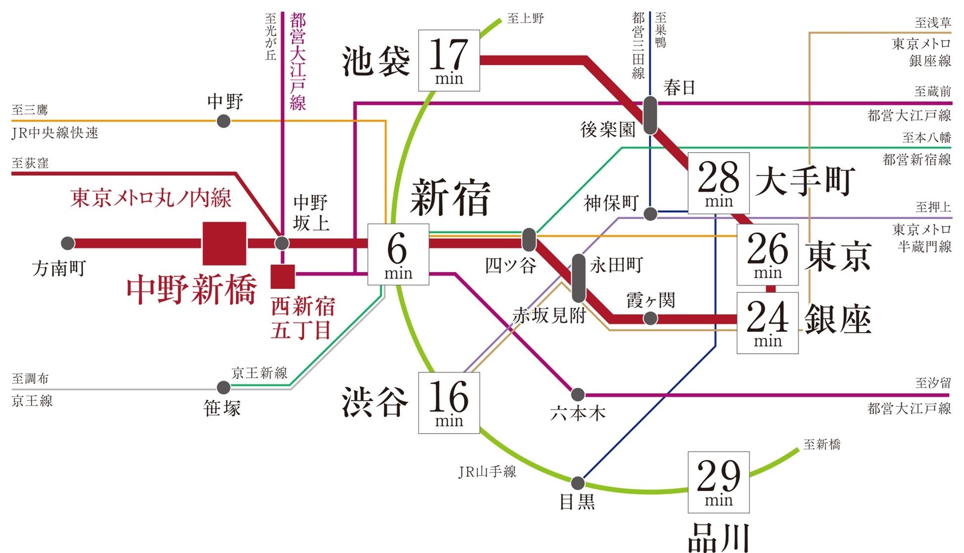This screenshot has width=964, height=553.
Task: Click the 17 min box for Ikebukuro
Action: [x=449, y=60]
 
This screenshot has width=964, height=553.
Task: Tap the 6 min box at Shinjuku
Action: [x=398, y=254]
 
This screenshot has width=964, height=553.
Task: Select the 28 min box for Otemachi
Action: [x=718, y=183]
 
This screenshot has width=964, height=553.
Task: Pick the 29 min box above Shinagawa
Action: [x=718, y=482]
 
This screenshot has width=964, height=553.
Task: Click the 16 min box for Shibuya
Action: [x=449, y=403]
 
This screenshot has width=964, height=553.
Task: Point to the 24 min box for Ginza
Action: [x=767, y=323]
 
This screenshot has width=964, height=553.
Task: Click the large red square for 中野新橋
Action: [x=224, y=243]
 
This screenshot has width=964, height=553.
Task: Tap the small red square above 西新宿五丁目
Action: [x=282, y=276]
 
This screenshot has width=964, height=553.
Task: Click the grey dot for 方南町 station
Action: [x=68, y=243]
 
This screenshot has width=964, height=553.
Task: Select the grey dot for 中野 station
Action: [x=224, y=121]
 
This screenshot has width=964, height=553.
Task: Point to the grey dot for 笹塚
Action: [x=224, y=387]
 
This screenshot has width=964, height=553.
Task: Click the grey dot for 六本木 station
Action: [x=578, y=395]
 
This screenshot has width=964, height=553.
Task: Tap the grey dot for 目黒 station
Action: [x=578, y=483]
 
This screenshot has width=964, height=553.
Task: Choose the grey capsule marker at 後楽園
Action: [x=650, y=115]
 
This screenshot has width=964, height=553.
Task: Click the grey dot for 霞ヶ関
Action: [x=650, y=319]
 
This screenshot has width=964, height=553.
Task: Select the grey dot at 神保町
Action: [x=650, y=214]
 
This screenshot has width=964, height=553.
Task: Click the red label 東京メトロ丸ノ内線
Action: [x=150, y=198]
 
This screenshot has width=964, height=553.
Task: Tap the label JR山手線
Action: [x=487, y=472]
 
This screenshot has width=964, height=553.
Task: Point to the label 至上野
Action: [x=525, y=19]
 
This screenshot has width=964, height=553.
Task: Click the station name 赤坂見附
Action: [x=549, y=315]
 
